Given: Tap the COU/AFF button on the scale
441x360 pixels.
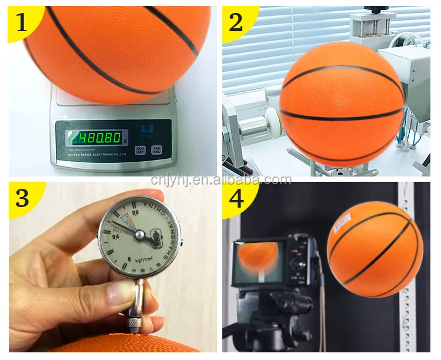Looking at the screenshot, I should tap(140, 150).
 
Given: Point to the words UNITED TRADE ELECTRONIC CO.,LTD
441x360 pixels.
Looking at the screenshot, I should tap(98, 155).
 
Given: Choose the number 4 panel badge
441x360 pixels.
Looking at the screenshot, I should tap(236, 199).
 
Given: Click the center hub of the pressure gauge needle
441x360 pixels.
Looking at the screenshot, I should tap(139, 234).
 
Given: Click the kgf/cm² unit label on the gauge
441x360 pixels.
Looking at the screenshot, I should tap(144, 259).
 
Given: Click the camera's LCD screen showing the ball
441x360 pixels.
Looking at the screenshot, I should tap(258, 259).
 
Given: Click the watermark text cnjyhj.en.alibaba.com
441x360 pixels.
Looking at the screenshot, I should tap(220, 179).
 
